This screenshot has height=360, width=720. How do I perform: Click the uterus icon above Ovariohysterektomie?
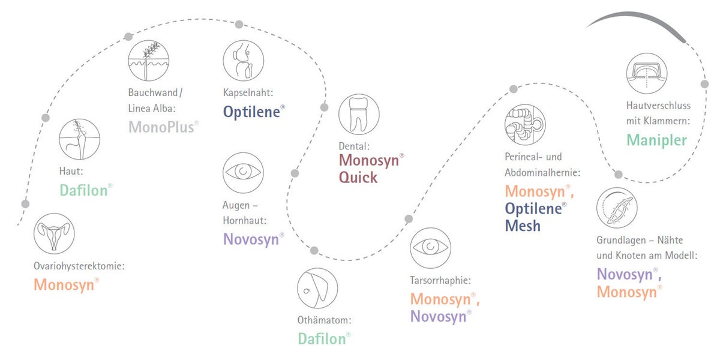tap(54, 233)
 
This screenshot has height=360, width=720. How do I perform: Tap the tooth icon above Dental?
tap(359, 115)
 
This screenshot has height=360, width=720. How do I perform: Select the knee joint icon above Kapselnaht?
tap(244, 61)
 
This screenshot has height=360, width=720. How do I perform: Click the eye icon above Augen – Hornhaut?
tap(243, 173)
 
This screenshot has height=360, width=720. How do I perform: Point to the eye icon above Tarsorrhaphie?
tap(430, 248)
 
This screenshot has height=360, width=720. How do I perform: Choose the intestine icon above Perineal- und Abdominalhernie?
tap(525, 124)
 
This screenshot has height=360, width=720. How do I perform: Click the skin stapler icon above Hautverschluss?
tap(647, 73)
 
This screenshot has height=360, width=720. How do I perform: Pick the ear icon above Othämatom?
tap(317, 289)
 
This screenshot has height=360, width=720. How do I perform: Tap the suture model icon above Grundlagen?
tap(617, 208)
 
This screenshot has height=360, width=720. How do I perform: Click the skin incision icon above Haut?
tap(79, 139)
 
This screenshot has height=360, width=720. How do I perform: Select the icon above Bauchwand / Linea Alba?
tap(149, 61)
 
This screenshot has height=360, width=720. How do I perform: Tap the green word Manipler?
tap(656, 140)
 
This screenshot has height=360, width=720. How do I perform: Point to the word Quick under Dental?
tap(358, 178)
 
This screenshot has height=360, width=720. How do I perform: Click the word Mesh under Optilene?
tap(523, 226)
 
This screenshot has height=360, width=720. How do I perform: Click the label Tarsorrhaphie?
tap(440, 280)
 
